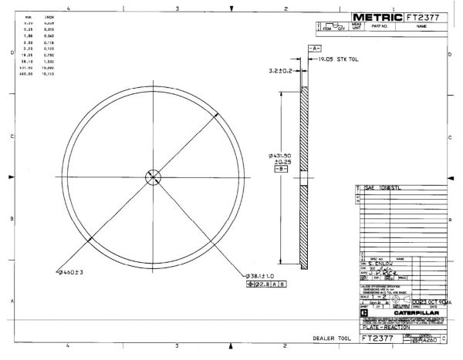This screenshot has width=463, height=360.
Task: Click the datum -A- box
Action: pyautogui.click(x=314, y=48)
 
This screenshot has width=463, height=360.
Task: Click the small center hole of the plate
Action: pyautogui.click(x=152, y=177)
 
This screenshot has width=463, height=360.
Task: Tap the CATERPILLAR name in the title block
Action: pyautogui.click(x=407, y=314)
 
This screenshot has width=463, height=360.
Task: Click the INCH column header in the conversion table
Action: pyautogui.click(x=49, y=15)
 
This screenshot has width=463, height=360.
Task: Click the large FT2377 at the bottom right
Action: pyautogui.click(x=379, y=338)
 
